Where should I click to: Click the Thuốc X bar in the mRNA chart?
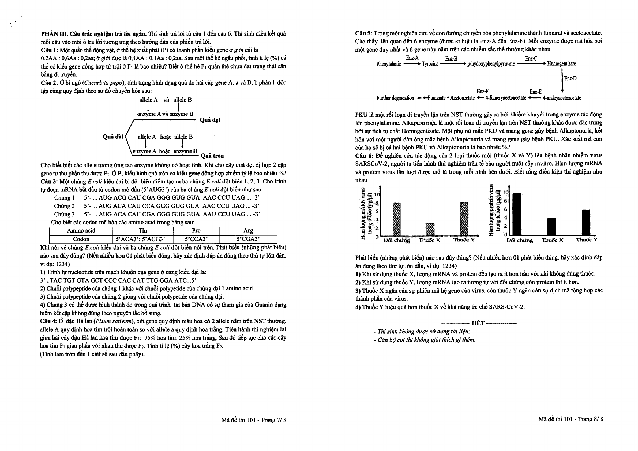[430, 229]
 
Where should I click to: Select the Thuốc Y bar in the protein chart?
[586, 222]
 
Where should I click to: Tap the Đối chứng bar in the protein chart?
[517, 214]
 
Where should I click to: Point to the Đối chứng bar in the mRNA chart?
[396, 219]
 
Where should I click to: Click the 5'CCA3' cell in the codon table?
[196, 239]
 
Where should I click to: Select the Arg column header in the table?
[248, 231]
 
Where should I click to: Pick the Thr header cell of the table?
[143, 231]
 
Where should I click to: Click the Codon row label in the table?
[81, 239]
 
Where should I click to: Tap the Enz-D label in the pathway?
[570, 78]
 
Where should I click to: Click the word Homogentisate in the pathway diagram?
[561, 64]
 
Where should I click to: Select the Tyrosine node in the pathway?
[430, 64]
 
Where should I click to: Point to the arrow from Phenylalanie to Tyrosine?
[411, 64]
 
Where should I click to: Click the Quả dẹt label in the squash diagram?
[210, 120]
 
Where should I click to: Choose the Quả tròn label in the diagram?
[212, 156]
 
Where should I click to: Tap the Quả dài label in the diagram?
[113, 137]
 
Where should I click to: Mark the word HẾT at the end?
[478, 323]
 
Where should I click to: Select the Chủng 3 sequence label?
[64, 214]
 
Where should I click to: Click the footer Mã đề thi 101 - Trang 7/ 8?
[253, 420]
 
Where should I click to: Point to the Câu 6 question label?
[364, 155]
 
